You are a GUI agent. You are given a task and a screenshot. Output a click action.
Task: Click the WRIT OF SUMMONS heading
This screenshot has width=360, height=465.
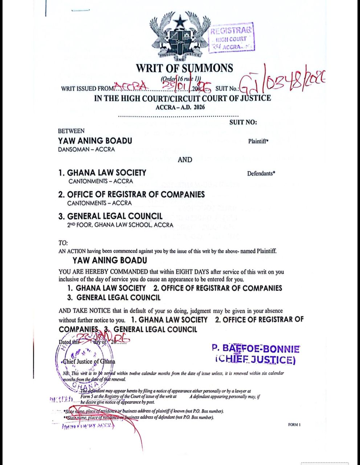coord(184,68)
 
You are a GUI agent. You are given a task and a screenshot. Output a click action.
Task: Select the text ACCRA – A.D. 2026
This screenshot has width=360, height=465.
coord(180,107)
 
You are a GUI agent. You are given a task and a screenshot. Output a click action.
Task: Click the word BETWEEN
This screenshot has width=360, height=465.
coord(71,131)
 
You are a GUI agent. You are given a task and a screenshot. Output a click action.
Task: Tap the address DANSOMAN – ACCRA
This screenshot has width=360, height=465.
coord(86,149)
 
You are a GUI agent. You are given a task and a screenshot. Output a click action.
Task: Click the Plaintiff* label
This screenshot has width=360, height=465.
coord(258,141)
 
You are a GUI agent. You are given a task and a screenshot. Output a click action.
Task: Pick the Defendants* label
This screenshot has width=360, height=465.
coord(261,173)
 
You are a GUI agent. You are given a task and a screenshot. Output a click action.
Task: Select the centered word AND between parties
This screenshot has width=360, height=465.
coord(185,159)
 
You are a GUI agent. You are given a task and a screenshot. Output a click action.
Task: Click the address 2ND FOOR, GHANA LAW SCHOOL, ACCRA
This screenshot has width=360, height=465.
coord(120,225)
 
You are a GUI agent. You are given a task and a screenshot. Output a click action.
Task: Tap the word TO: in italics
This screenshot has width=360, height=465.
coord(63,243)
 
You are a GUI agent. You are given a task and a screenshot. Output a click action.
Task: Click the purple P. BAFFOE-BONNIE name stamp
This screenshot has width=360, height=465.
coord(255,349)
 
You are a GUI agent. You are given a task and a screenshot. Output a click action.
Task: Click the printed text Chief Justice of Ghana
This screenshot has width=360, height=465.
coord(89,361)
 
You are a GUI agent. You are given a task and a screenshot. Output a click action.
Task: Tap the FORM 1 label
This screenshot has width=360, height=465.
coord(294,424)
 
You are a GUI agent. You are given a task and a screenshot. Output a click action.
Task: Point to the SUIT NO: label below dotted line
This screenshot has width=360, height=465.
coord(243,122)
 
